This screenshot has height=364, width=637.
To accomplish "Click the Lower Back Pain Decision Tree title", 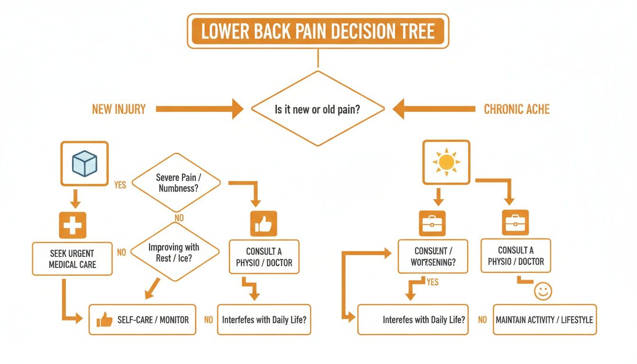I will pyautogui.click(x=318, y=31).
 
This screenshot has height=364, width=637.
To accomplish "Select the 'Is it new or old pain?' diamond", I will pyautogui.click(x=318, y=109).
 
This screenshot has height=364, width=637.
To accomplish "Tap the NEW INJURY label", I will pyautogui.click(x=118, y=109).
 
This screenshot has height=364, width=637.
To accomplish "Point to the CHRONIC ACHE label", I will pyautogui.click(x=517, y=109).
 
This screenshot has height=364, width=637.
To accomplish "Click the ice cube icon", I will pyautogui.click(x=84, y=164).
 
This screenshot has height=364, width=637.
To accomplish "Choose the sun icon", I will pyautogui.click(x=446, y=162).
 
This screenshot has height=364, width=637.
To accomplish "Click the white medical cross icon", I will pyautogui.click(x=73, y=225).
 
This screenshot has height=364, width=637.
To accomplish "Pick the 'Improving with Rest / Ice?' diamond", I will pyautogui.click(x=174, y=252).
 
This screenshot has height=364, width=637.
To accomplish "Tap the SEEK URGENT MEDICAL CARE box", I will pyautogui.click(x=72, y=259).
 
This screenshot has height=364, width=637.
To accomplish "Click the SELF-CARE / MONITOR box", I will pyautogui.click(x=142, y=320).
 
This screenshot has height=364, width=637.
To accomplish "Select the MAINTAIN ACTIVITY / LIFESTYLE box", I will pyautogui.click(x=544, y=320).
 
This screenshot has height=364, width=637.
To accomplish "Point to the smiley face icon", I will pyautogui.click(x=543, y=291).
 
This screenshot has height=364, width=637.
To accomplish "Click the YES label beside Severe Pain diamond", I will pyautogui.click(x=120, y=185).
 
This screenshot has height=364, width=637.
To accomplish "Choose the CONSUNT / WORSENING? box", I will pyautogui.click(x=432, y=256).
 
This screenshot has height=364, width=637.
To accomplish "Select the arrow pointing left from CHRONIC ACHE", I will pyautogui.click(x=434, y=109).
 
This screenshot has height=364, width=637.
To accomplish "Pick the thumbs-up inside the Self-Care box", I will pyautogui.click(x=104, y=320).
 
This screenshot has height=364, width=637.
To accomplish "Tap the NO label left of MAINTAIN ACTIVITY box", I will pyautogui.click(x=482, y=320).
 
